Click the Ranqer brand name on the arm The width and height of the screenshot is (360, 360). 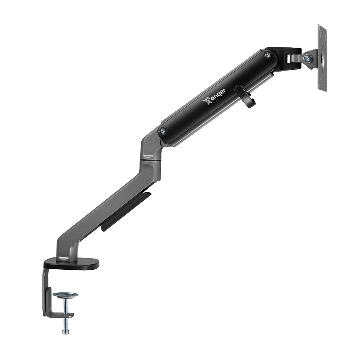coord(214,96)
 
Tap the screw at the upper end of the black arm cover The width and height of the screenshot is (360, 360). coord(267,55)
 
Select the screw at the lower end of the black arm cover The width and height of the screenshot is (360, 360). coord(163,131)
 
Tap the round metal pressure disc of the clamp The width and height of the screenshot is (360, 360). coord(66,294)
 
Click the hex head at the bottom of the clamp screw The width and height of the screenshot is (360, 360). coord(66,332)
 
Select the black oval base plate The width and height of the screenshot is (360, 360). coord(71,265)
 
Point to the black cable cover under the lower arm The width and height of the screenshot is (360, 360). coord(126,211)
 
